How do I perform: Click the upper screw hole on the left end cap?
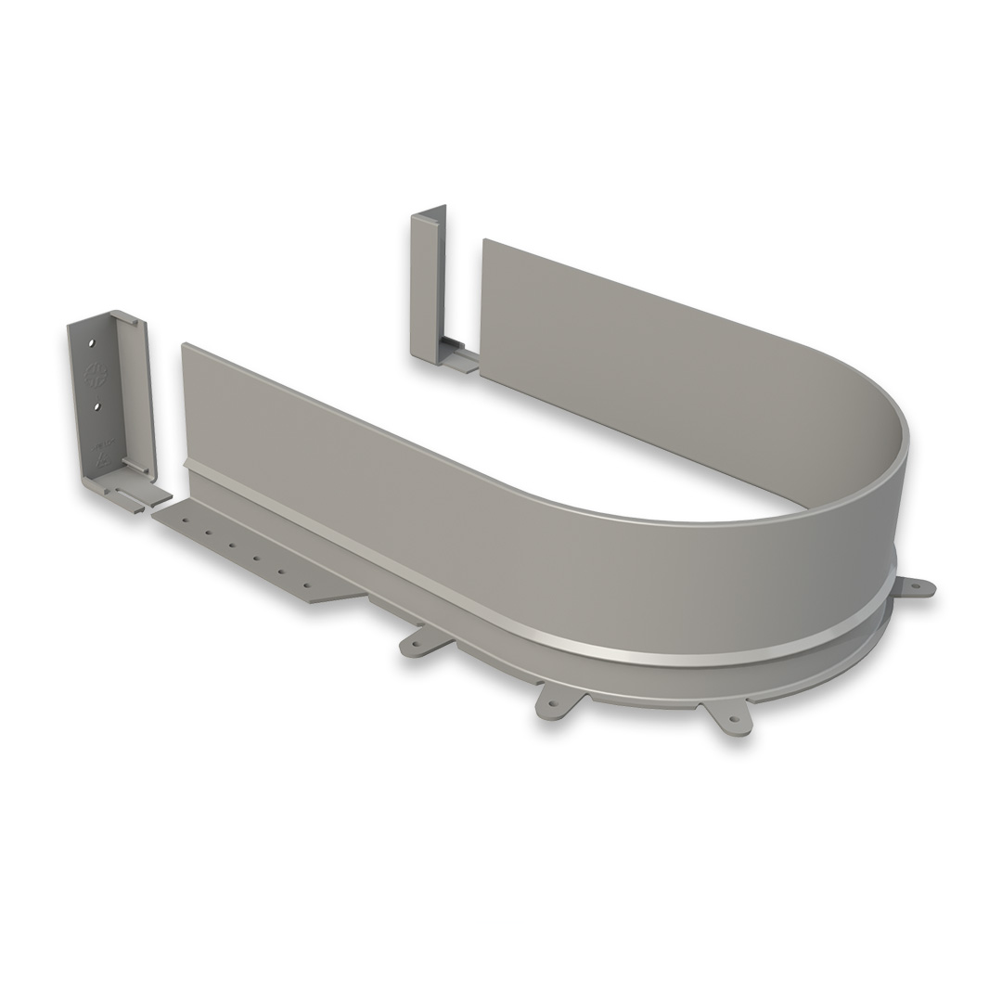coord(91,343)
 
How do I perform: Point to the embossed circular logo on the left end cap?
coord(93,376)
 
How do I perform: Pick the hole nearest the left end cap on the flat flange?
coord(186,520)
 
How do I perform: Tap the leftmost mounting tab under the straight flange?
coord(414,642)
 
